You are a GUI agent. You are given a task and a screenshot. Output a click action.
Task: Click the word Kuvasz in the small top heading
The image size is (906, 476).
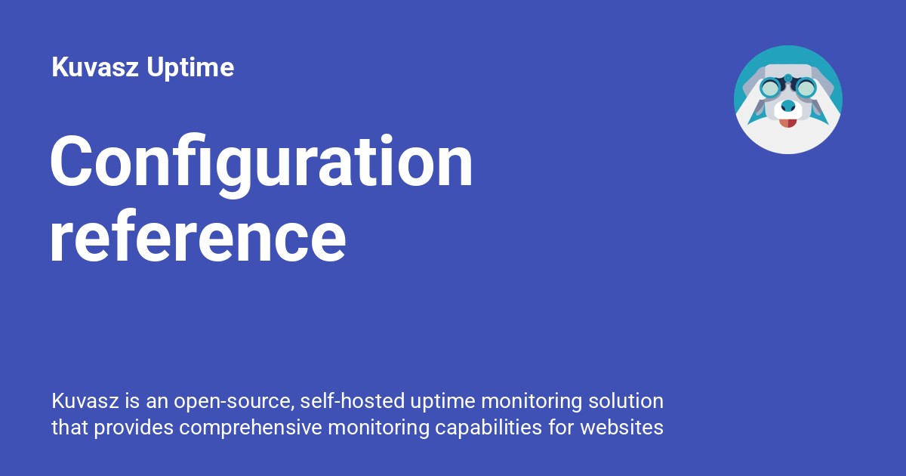click(96, 68)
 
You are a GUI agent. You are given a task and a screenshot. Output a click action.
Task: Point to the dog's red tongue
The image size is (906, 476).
click(788, 122)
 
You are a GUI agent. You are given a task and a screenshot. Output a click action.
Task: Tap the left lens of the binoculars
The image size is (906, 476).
click(770, 88)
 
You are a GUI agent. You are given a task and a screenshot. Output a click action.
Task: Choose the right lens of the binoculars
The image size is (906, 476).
click(806, 88)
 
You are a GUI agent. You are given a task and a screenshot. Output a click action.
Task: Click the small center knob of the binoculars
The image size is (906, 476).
click(788, 79)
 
